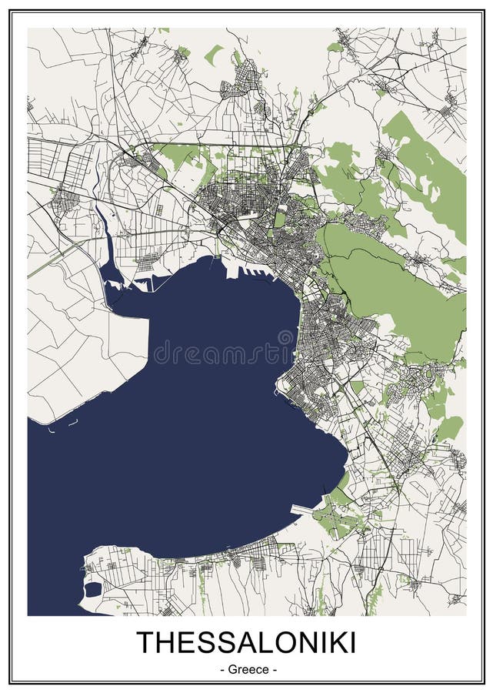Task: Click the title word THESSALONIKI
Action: coord(246,643)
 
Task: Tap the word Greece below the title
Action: coord(247,669)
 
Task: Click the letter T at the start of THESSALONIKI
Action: coord(144,643)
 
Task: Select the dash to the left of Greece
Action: coord(222,669)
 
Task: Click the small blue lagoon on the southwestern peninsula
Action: coord(92,590)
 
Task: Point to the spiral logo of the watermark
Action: coord(285,339)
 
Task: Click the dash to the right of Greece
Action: coord(273,669)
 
